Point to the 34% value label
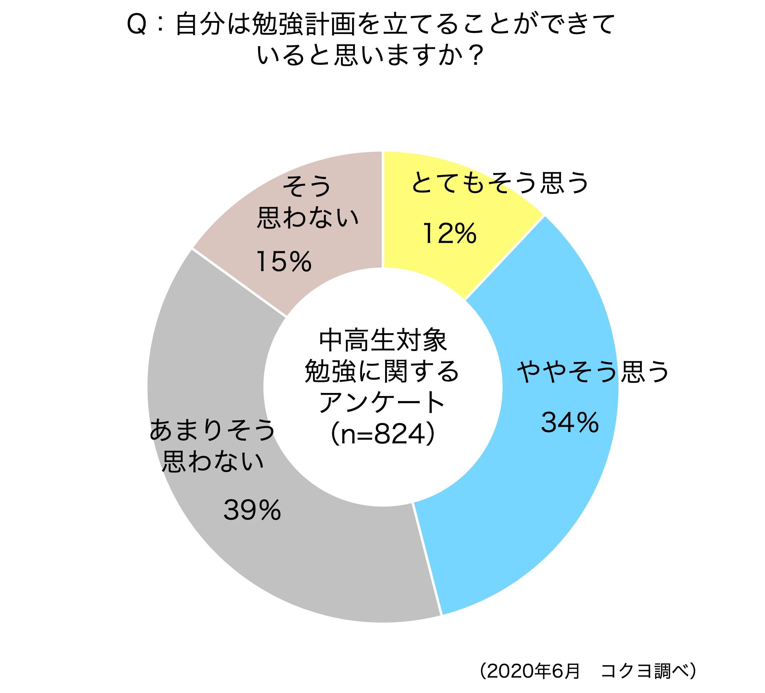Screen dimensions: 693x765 [570, 422]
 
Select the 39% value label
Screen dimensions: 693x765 [252, 510]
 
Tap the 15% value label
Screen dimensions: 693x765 [284, 262]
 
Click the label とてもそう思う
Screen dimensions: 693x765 [500, 183]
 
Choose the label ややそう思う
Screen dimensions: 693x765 [593, 372]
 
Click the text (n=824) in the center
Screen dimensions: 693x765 [382, 435]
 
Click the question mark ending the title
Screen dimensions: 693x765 [474, 56]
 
